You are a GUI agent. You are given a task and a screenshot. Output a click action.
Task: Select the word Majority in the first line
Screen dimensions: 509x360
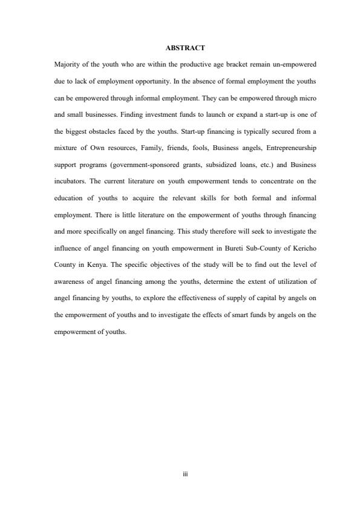pyautogui.click(x=66, y=64)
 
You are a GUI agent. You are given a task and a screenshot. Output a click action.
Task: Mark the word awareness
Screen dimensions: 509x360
pyautogui.click(x=70, y=281)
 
